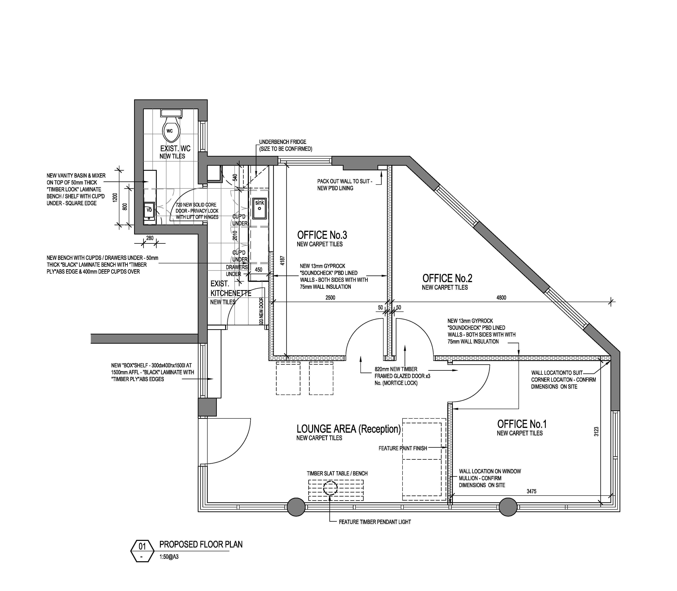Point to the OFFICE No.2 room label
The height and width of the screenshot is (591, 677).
click(x=447, y=278)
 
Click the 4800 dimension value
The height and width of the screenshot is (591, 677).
click(x=501, y=297)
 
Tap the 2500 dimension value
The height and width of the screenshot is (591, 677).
click(x=330, y=297)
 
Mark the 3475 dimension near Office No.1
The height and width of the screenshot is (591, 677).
click(x=531, y=491)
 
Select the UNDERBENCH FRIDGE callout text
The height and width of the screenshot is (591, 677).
click(x=282, y=142)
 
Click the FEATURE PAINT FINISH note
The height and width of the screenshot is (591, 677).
click(x=403, y=448)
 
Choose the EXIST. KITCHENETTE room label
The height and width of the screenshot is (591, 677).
click(x=231, y=289)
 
